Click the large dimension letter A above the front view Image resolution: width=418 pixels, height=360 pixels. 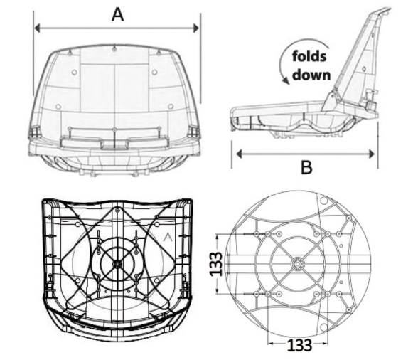click(117, 14)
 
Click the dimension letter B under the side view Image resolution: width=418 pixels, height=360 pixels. click(306, 167)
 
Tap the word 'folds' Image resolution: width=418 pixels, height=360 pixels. click(309, 56)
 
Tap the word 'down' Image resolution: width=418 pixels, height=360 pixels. click(311, 75)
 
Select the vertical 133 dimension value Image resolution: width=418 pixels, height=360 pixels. click(215, 264)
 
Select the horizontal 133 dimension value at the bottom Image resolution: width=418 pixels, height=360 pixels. click(299, 345)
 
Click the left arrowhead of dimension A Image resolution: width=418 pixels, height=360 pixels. click(37, 28)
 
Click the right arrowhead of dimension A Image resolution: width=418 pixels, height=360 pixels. click(196, 28)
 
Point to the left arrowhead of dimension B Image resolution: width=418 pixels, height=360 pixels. click(239, 154)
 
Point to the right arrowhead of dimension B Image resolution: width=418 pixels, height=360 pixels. click(372, 154)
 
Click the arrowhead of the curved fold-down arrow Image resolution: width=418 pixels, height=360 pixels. click(286, 80)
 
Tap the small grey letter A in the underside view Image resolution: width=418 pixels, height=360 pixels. click(167, 237)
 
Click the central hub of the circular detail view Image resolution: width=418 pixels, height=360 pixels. click(297, 264)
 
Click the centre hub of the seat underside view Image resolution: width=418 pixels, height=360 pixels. click(117, 264)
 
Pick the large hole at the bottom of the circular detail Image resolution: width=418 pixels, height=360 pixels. click(323, 327)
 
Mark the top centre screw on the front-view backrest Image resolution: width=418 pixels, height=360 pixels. click(114, 48)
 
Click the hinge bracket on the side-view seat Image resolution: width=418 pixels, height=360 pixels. click(331, 101)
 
